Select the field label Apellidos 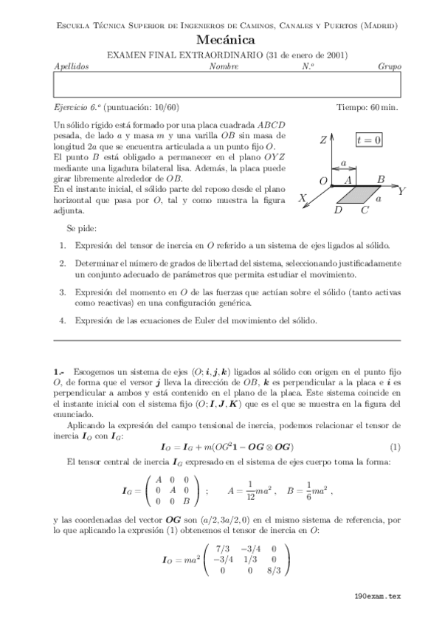(72, 66)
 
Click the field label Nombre (224, 66)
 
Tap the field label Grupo (389, 66)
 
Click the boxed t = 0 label (367, 140)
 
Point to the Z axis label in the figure (323, 140)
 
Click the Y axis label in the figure (402, 191)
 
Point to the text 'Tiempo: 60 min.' (367, 107)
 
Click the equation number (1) (395, 447)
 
